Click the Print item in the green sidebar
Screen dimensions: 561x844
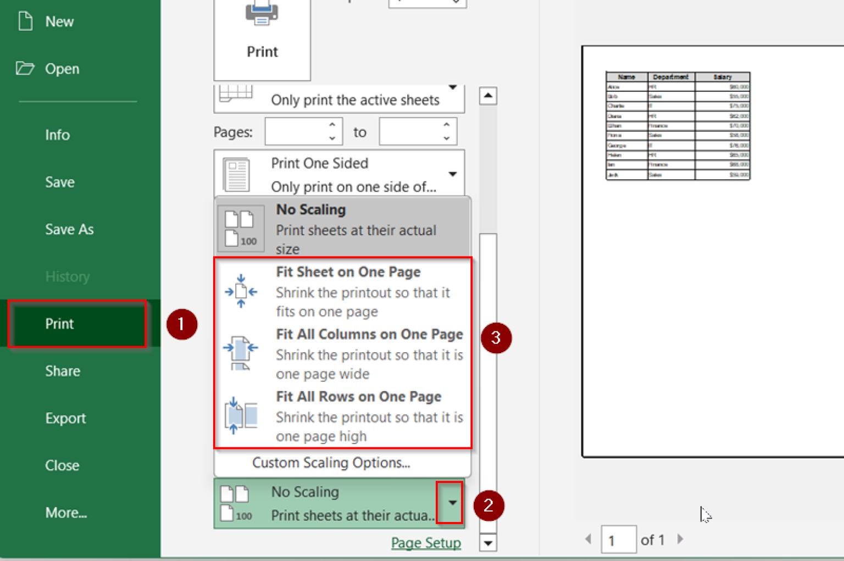tap(59, 324)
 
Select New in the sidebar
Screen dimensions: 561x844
tap(59, 21)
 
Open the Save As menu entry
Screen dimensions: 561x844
tap(69, 229)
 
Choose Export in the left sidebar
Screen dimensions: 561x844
tap(65, 418)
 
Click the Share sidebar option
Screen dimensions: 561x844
tap(63, 371)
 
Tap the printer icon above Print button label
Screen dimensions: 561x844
tap(262, 13)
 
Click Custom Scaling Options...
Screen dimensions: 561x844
tap(331, 463)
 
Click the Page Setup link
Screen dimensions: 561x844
tap(426, 543)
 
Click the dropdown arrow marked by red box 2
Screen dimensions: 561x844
tap(452, 503)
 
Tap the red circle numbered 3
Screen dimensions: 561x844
tap(496, 337)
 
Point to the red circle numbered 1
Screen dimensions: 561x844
tap(182, 324)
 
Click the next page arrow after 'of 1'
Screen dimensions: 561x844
tap(680, 539)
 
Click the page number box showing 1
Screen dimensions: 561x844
tap(618, 540)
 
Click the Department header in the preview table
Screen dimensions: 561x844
tap(670, 77)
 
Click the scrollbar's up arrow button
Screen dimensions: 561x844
tap(488, 96)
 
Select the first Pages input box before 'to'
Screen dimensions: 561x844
tap(297, 132)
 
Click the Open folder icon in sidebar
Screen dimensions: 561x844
tap(25, 69)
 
